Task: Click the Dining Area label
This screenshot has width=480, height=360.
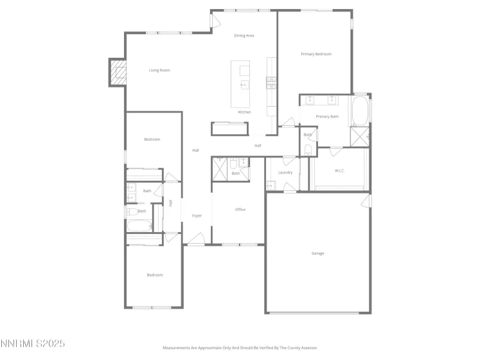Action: point(244,36)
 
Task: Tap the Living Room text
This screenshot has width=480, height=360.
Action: point(159,70)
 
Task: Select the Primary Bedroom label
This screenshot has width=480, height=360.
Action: point(316,54)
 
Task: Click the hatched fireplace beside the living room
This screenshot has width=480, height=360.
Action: point(118,72)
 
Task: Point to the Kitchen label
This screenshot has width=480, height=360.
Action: point(244,113)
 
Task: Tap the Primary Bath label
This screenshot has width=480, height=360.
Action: point(327,116)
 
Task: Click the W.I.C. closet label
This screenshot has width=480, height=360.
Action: point(340,171)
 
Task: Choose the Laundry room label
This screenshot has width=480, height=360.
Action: point(285,172)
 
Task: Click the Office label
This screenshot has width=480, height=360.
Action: point(240,210)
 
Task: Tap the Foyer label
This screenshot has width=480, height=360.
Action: point(197,216)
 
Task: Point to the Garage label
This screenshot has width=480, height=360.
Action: point(318,253)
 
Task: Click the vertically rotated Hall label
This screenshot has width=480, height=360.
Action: point(171,203)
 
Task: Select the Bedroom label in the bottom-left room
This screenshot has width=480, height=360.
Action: point(155,275)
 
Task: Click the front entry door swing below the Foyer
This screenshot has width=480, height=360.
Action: point(195,241)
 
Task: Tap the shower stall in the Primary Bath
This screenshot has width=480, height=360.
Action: point(359,136)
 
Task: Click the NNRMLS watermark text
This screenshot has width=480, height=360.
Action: point(33,345)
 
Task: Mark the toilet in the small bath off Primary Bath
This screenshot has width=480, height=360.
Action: point(308,150)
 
